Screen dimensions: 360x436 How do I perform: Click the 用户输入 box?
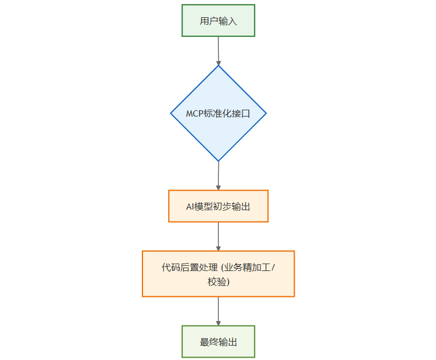point(218,21)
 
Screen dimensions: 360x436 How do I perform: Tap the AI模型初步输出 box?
point(218,206)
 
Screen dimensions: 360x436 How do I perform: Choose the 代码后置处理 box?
point(218,273)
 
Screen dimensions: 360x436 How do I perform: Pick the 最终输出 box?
point(218,342)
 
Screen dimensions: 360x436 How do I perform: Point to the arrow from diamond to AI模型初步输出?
point(218,175)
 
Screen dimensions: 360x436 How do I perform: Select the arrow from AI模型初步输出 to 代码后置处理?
point(218,235)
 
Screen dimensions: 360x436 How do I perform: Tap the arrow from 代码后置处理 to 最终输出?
point(218,310)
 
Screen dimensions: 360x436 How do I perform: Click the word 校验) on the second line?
point(219,282)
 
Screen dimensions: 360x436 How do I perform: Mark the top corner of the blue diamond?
point(218,66)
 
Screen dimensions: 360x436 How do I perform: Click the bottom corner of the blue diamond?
point(218,161)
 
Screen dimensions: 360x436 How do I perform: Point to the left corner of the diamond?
point(171,113)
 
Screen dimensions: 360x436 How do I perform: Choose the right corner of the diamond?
point(266,113)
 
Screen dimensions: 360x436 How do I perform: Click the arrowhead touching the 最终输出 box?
point(218,322)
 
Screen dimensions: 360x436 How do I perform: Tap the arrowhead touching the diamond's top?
point(218,62)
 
